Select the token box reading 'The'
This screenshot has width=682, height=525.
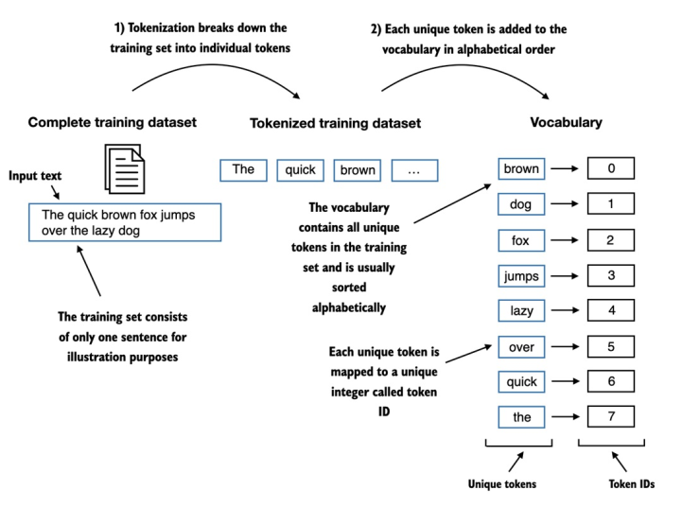243,169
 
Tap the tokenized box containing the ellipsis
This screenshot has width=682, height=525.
415,170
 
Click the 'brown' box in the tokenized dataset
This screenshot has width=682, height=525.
358,170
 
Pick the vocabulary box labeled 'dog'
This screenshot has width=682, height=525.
521,204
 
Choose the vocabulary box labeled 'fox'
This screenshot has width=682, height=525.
521,240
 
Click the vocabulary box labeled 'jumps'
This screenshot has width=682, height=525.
521,275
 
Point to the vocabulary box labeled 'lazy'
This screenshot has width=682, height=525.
521,310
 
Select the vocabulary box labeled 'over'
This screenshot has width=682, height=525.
521,346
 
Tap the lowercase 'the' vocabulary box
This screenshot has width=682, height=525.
521,417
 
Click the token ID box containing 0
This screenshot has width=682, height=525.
611,168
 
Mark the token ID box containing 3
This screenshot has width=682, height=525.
611,275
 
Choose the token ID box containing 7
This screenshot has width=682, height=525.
611,417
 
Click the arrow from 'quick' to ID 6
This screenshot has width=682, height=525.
565,382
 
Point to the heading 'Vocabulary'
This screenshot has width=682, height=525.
566,123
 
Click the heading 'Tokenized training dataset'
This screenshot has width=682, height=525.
335,123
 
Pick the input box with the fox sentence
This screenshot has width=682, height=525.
125,223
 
